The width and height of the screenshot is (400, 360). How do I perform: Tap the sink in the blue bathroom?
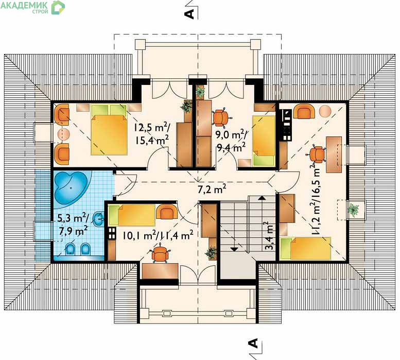(98, 219)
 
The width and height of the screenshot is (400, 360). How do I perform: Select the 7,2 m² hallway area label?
(212, 189)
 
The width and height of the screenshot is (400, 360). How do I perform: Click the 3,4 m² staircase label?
(269, 236)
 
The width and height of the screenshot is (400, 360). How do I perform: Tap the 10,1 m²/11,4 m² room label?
(158, 235)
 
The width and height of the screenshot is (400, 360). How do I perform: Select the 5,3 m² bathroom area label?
(73, 218)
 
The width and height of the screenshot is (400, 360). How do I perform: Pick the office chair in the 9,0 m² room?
(221, 117)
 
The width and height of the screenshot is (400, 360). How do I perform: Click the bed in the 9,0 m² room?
(264, 141)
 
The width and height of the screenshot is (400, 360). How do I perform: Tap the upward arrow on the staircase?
(261, 197)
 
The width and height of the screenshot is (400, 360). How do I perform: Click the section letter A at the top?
(189, 14)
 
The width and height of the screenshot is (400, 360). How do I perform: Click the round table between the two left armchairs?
(63, 133)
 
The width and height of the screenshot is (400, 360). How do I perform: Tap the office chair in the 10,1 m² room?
(160, 253)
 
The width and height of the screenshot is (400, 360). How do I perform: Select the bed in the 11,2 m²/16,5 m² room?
(305, 249)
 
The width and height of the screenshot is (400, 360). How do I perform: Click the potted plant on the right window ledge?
(354, 210)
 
